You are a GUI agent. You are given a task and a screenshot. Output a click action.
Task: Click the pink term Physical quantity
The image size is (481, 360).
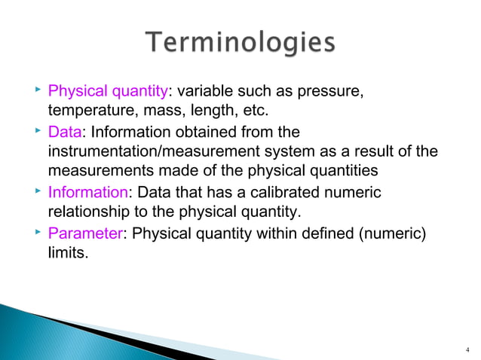[x=107, y=93]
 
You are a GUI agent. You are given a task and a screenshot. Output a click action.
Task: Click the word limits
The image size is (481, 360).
[x=63, y=254]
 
